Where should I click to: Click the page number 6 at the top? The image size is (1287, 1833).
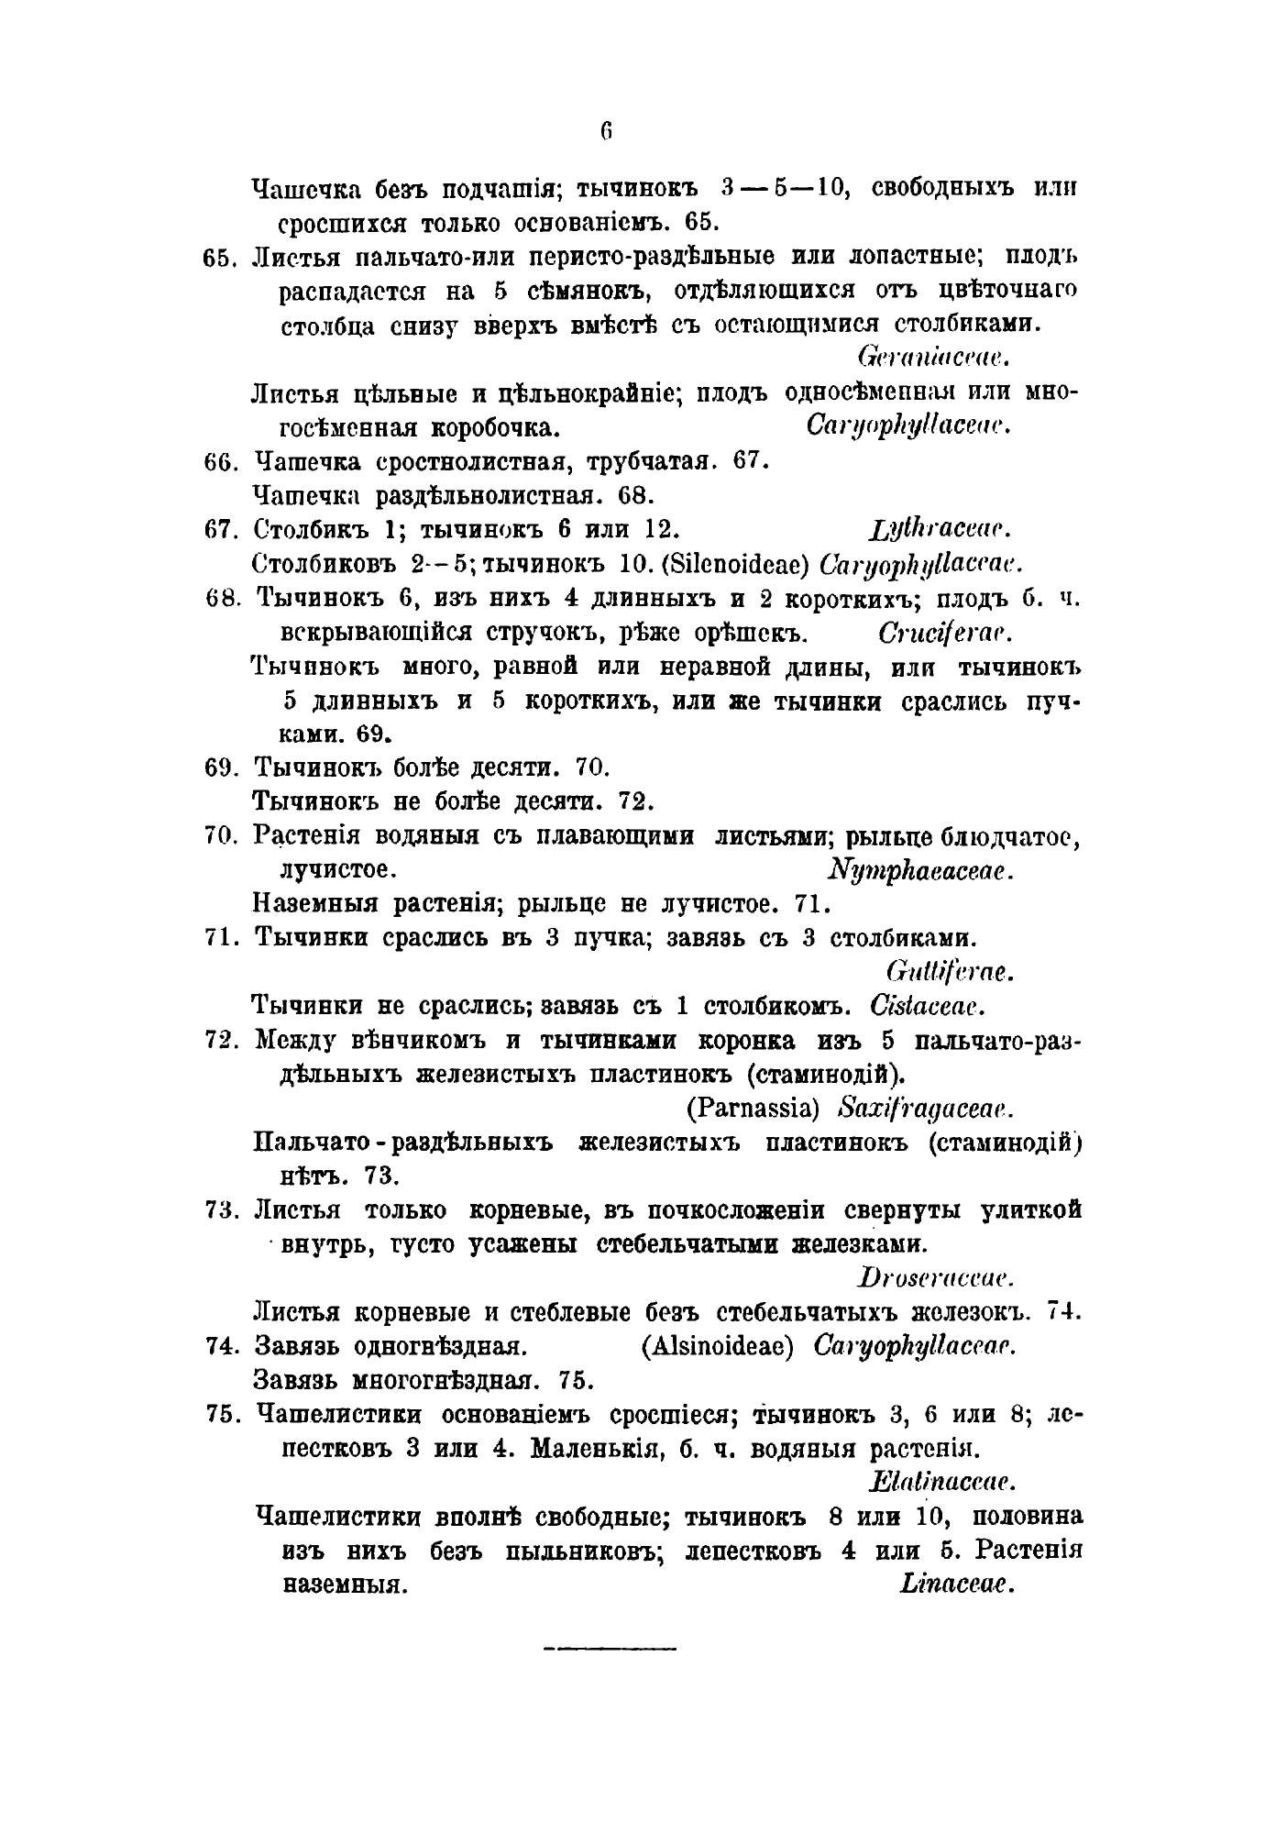[605, 130]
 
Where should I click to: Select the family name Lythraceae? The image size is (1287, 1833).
[937, 529]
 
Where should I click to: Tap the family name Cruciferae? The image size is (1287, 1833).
[944, 633]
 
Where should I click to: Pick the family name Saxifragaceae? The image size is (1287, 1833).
[926, 1109]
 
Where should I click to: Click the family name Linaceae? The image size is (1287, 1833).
[956, 1584]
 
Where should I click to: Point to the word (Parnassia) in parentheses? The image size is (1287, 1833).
[752, 1109]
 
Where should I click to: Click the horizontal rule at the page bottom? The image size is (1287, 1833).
[610, 1650]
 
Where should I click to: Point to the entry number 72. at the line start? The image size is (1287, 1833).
[223, 1041]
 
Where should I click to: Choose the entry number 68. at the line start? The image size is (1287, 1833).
[223, 599]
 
